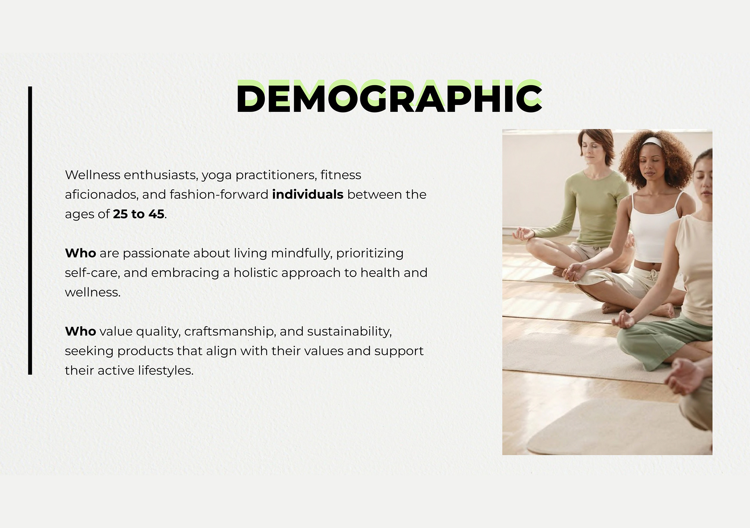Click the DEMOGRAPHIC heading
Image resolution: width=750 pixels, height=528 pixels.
[389, 97]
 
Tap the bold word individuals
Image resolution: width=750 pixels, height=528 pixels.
[308, 195]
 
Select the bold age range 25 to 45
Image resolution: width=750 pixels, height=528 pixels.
[139, 214]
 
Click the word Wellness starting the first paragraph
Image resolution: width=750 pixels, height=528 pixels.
[93, 175]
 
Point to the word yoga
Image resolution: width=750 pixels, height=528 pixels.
[217, 176]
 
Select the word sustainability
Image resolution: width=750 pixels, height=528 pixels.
[349, 332]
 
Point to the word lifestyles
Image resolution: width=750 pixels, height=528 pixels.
[166, 371]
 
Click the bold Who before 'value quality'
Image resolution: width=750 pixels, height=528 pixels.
[80, 332]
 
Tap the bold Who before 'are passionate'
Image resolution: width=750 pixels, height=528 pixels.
[80, 253]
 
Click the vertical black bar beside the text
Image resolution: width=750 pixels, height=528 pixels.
[30, 230]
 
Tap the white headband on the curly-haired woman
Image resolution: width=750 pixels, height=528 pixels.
[652, 142]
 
